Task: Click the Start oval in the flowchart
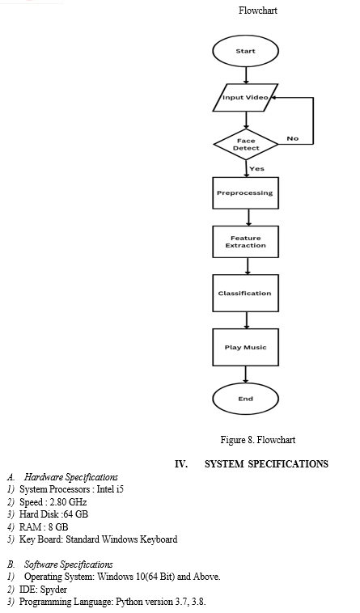coord(245,51)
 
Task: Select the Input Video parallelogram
coord(245,97)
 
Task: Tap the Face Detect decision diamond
coord(245,144)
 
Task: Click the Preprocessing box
coord(245,192)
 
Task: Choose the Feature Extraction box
coord(245,242)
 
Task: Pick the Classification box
coord(245,293)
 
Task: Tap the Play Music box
coord(245,347)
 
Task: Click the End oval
coord(245,399)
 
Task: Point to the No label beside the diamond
coord(292,138)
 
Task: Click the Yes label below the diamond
coord(256,168)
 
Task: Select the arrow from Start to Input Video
coord(246,75)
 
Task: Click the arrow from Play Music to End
coord(246,374)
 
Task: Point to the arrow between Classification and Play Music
coord(246,320)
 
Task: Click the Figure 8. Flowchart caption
coord(258,440)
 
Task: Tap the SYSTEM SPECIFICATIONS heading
coord(266,464)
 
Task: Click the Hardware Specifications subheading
coord(70,477)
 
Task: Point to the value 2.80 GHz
coord(68,502)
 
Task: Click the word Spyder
coord(53,590)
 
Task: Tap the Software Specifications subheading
coord(69,564)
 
